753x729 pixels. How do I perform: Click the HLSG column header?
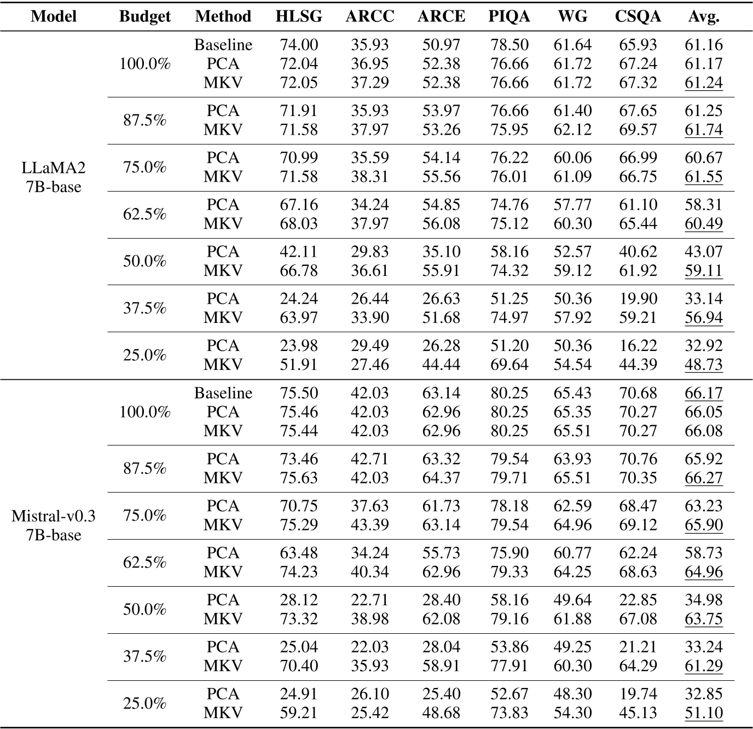point(299,16)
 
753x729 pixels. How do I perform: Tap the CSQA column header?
point(638,16)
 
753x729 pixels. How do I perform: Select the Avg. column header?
point(704,16)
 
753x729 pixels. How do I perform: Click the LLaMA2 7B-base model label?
point(54,177)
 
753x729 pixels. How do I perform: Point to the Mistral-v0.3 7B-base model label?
point(54,525)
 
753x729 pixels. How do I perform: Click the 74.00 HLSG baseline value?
point(299,45)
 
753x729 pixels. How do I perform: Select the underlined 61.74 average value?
point(704,130)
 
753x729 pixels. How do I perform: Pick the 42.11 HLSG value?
point(299,252)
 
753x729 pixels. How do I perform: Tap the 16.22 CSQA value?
point(638,346)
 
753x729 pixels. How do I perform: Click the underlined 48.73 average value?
point(704,364)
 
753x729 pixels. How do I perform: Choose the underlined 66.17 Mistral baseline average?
point(704,393)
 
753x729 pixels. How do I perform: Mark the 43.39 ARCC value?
point(370,525)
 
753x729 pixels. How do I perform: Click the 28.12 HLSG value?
point(299,600)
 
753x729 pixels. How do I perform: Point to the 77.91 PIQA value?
point(509,666)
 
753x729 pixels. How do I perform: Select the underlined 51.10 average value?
point(704,713)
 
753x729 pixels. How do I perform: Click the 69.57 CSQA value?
point(638,130)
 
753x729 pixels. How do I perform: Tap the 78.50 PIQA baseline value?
point(509,45)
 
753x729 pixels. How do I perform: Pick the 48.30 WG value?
point(572,694)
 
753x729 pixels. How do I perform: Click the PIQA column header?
point(509,16)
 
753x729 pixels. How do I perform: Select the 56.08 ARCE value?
point(441,224)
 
